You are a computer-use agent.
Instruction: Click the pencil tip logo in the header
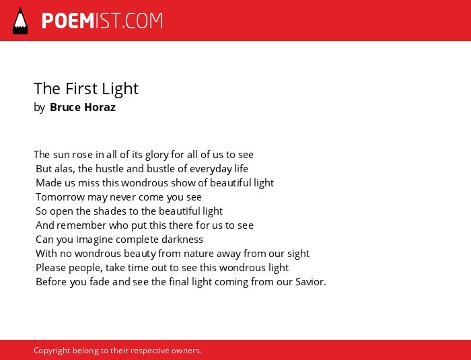coord(20,21)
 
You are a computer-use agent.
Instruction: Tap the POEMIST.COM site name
coord(102,21)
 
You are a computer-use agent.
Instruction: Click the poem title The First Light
coord(86,89)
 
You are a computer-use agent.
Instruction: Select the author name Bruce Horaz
coord(83,107)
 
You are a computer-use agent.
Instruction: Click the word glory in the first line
coord(157,155)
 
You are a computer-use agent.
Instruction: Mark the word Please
coord(50,267)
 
